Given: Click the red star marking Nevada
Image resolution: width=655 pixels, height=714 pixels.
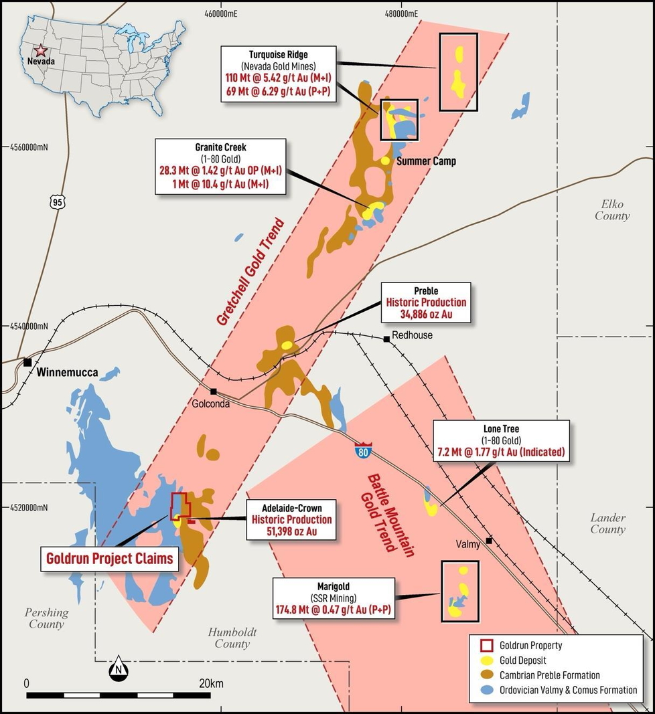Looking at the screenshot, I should (42, 50).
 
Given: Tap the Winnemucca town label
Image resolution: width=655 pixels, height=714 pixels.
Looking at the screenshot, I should (67, 372).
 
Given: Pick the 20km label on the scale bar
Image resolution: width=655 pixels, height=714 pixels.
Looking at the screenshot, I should (211, 683).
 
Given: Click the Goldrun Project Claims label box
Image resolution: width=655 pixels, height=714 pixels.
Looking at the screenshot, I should (109, 558).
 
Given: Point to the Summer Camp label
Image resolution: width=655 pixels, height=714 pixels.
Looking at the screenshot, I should (426, 161).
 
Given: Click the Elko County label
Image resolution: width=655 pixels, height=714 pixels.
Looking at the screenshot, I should (615, 209).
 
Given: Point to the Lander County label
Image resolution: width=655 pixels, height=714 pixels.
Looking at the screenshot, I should (607, 523).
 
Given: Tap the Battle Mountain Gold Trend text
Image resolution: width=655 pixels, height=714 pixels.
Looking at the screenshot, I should (390, 511).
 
